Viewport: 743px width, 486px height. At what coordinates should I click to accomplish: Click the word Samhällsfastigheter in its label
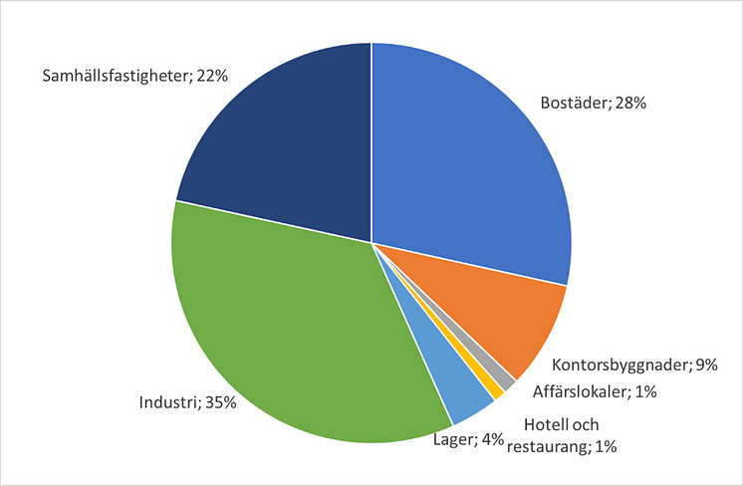tap(114, 75)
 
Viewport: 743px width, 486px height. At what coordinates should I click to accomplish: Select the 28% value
tap(629, 102)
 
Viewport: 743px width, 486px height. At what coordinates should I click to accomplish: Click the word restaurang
tap(545, 447)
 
